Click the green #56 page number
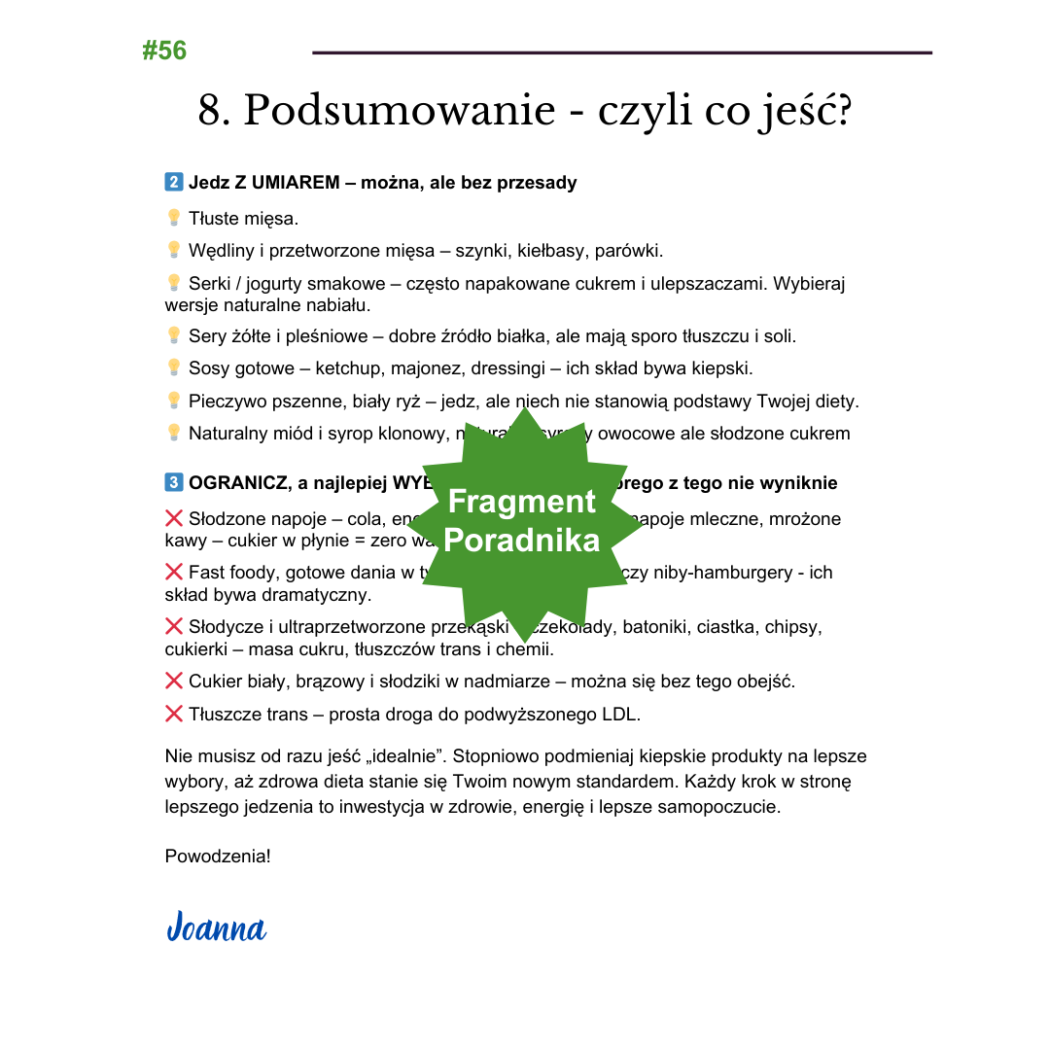coord(164,51)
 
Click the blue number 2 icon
coord(174,182)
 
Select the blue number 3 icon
coord(174,483)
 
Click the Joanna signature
coord(216,927)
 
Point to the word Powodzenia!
coord(218,857)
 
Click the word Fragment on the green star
coord(521,502)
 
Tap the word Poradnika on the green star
coord(521,541)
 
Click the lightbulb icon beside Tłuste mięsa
coord(174,218)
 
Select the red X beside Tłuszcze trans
coord(174,715)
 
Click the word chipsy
coord(793,627)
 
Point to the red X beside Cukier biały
coord(174,681)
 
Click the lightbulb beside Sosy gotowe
coord(174,367)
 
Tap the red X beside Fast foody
coord(174,572)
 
